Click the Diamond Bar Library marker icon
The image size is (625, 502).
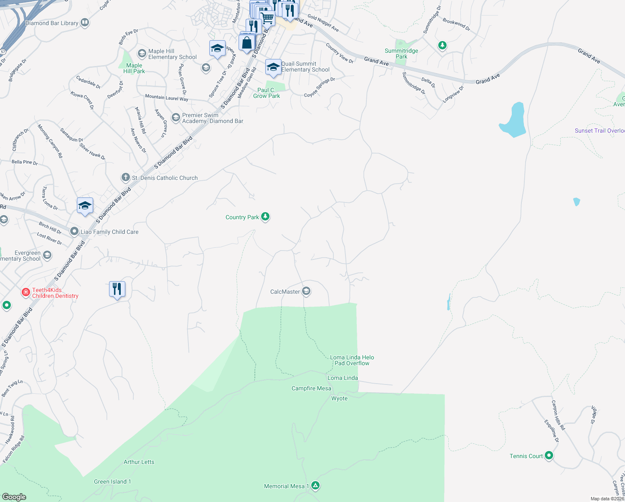[85, 23]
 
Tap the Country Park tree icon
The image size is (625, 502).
[265, 216]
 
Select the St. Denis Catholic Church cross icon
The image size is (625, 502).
[125, 177]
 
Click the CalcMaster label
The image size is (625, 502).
[285, 292]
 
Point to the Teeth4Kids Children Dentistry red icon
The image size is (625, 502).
[26, 292]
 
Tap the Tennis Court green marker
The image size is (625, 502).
[549, 455]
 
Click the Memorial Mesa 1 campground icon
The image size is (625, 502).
[316, 486]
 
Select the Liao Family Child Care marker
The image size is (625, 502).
[74, 231]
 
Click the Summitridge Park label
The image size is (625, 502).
[401, 54]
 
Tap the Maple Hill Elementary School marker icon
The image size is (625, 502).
[142, 53]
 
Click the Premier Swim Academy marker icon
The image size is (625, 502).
[175, 117]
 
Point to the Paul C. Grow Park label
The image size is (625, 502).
[267, 93]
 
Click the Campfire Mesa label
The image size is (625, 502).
[311, 388]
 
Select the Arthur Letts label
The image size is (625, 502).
[139, 462]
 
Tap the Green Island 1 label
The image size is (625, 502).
[112, 482]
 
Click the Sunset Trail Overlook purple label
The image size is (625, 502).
[600, 131]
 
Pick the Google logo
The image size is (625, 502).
[14, 497]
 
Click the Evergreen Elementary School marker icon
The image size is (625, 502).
[47, 255]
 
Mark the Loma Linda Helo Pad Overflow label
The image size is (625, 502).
[352, 360]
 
